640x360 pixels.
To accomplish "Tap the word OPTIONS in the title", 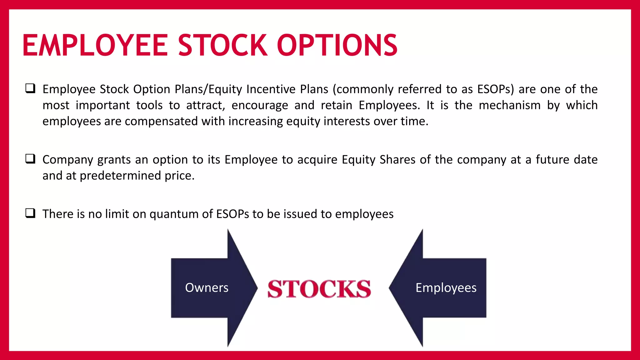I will pyautogui.click(x=337, y=46).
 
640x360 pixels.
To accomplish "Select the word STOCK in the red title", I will pyautogui.click(x=223, y=46).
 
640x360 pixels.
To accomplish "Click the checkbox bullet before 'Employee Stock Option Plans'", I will pyautogui.click(x=30, y=88).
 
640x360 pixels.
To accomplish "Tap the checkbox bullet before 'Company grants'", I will pyautogui.click(x=30, y=159).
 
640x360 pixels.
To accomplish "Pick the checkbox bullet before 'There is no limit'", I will pyautogui.click(x=30, y=213).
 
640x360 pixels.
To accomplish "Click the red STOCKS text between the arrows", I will pyautogui.click(x=319, y=289).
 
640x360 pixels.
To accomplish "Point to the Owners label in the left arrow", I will pyautogui.click(x=207, y=288).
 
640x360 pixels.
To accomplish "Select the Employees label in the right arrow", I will pyautogui.click(x=446, y=288).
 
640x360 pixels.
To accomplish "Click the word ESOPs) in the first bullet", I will pyautogui.click(x=496, y=89).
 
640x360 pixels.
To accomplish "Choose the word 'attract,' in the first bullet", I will pyautogui.click(x=206, y=105).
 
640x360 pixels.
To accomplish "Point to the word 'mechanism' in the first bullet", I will pyautogui.click(x=509, y=105).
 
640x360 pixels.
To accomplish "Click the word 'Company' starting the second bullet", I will pyautogui.click(x=68, y=160).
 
